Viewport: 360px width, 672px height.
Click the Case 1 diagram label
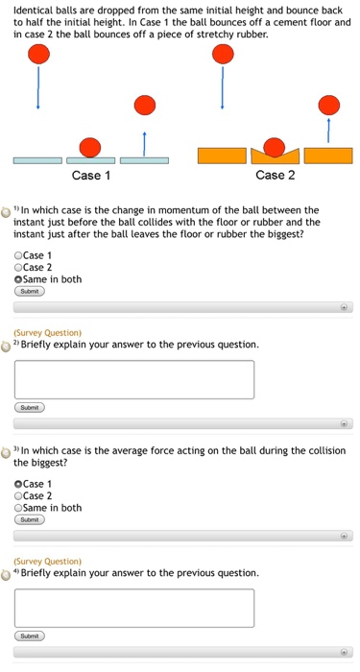(91, 176)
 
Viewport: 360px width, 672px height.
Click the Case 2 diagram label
(276, 176)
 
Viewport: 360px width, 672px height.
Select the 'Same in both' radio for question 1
(19, 279)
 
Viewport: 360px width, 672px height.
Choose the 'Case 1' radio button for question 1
(19, 255)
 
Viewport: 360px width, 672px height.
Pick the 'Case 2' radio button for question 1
(19, 267)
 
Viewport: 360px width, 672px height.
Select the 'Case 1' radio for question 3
(19, 484)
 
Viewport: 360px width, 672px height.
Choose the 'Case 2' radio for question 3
(19, 495)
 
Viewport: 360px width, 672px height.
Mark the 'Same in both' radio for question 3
(19, 508)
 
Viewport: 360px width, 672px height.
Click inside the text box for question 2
(134, 379)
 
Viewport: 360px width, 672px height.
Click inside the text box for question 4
(134, 608)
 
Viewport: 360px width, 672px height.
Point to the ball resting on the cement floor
(89, 147)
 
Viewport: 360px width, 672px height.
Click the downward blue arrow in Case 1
(38, 90)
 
